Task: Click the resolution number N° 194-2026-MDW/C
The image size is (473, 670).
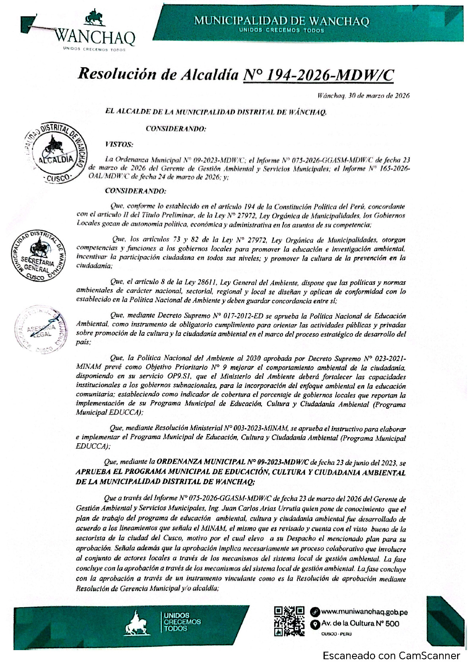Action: coord(318,74)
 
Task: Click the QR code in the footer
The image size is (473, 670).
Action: coord(289,621)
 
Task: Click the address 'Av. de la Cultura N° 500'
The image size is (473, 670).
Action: coord(360,624)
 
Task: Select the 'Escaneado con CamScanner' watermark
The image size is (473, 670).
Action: coord(391,656)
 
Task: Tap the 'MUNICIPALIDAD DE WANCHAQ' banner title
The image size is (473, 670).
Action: coord(281,21)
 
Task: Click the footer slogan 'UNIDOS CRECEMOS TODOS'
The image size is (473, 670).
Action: coord(182,622)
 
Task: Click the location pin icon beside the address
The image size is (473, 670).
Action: coord(315,624)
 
